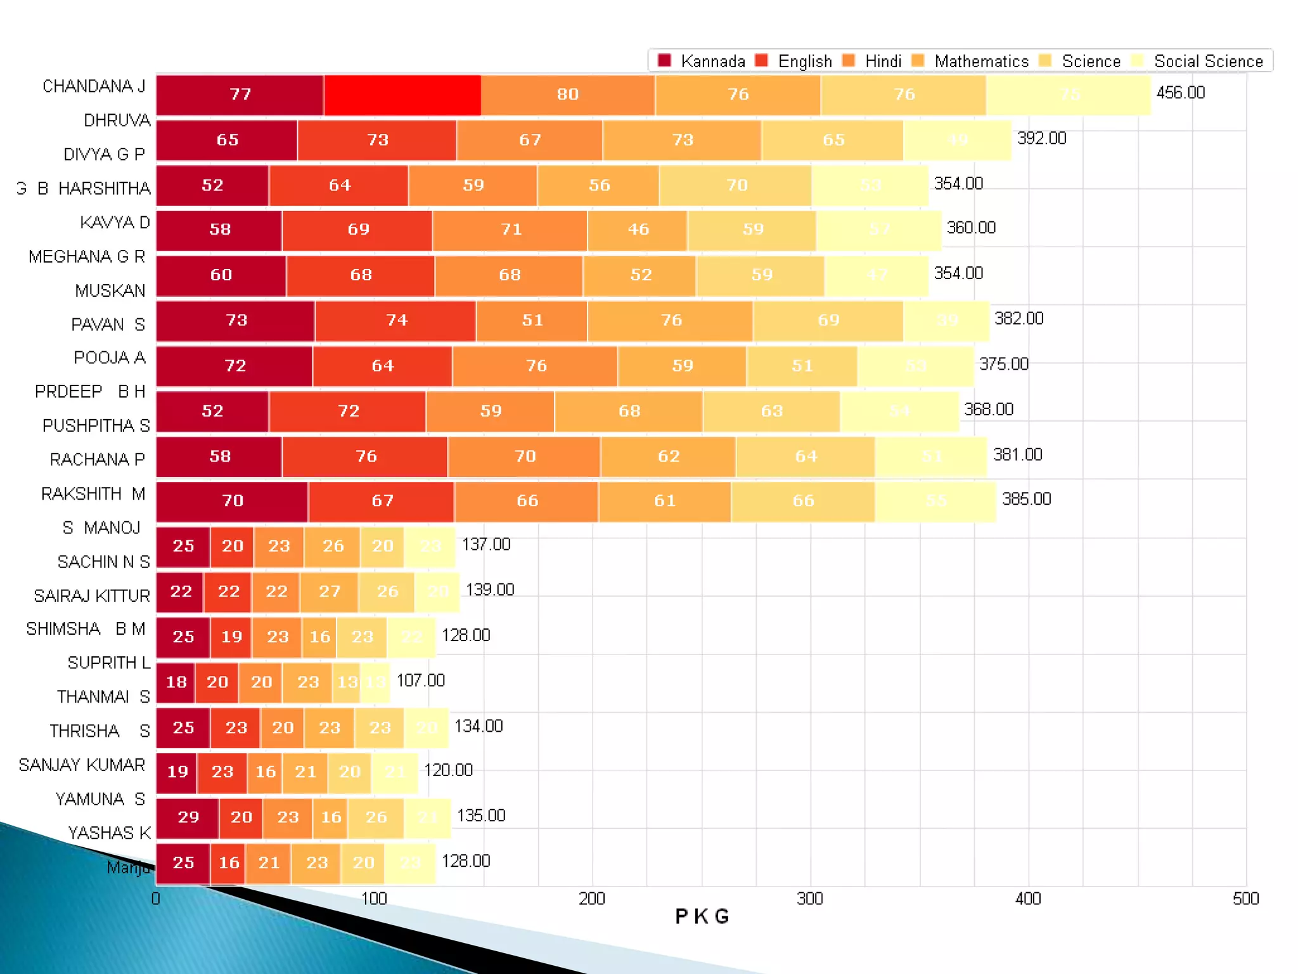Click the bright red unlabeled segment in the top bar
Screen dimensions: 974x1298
click(402, 95)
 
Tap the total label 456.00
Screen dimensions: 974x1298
click(1180, 93)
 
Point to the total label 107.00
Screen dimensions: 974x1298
click(420, 681)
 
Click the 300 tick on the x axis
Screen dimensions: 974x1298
click(810, 899)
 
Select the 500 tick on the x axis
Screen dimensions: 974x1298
click(1245, 899)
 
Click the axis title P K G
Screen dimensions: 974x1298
click(702, 917)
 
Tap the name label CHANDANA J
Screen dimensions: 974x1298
click(94, 86)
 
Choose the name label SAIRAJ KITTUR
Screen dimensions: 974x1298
click(92, 596)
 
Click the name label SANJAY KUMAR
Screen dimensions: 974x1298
click(82, 765)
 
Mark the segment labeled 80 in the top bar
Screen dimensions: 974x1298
click(567, 95)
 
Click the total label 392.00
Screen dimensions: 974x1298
click(1041, 138)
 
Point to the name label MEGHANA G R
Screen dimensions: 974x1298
click(87, 257)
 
